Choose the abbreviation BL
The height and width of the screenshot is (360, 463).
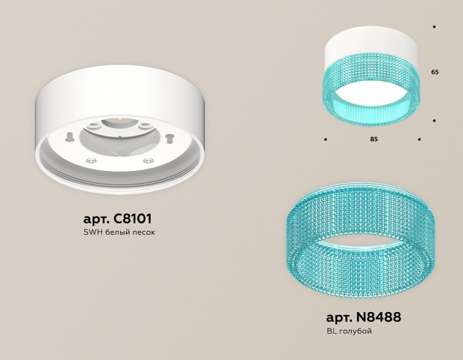332,331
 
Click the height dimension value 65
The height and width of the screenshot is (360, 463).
435,72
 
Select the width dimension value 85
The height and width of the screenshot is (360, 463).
374,139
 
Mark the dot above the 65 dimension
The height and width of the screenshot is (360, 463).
434,27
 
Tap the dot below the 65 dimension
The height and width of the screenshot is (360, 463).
434,121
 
